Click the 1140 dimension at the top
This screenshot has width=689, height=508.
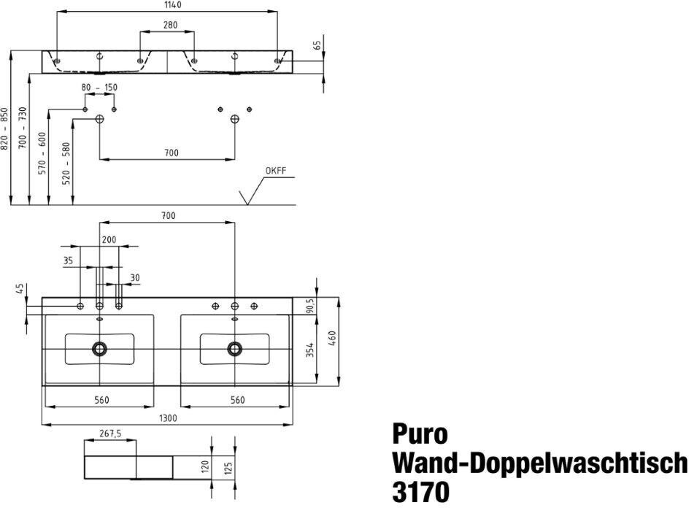(167, 5)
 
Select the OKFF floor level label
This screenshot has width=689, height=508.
(276, 172)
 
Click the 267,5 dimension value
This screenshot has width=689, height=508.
(110, 434)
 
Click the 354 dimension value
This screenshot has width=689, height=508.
(311, 350)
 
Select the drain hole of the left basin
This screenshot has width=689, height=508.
(99, 349)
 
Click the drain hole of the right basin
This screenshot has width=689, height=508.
(234, 349)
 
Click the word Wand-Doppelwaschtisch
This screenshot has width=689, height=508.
(539, 463)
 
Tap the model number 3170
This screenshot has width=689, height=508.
(421, 490)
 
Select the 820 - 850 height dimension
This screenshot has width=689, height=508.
(5, 128)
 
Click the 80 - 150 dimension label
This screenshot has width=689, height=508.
(99, 88)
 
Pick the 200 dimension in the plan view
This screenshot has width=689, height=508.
(109, 239)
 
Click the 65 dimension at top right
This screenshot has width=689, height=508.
(317, 45)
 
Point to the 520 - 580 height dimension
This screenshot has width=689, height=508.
(66, 162)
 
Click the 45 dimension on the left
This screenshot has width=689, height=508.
(19, 289)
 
